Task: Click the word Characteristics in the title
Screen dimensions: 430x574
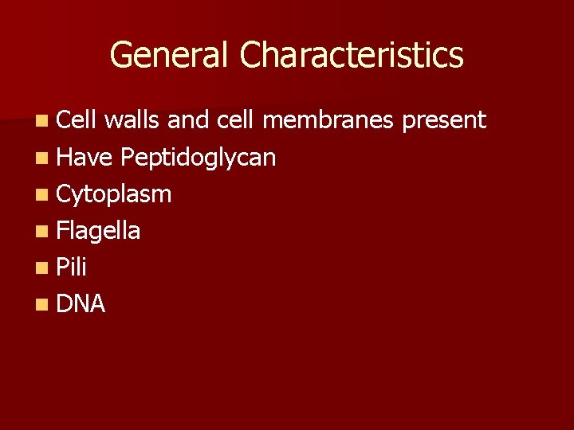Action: click(x=351, y=56)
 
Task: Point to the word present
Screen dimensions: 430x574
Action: click(x=444, y=121)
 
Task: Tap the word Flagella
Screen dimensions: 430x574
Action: click(x=99, y=231)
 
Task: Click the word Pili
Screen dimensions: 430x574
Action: click(x=72, y=267)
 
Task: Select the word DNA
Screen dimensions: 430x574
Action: click(x=81, y=303)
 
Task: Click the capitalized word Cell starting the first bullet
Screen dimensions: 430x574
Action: click(x=76, y=120)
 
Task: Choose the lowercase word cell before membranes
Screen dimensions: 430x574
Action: click(x=234, y=120)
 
